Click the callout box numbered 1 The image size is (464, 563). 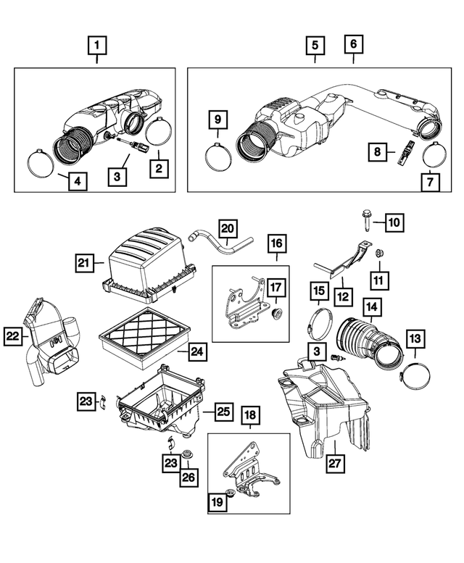(x=97, y=45)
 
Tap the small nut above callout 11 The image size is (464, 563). (x=378, y=254)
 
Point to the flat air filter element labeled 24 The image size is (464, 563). (x=144, y=337)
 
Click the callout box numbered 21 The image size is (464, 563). (x=83, y=263)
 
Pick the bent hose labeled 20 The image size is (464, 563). (x=220, y=241)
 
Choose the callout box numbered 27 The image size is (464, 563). (x=334, y=463)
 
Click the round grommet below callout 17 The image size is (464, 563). (x=277, y=313)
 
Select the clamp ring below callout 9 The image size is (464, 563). (x=218, y=156)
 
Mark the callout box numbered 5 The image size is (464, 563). (x=315, y=45)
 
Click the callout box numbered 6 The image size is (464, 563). (x=353, y=43)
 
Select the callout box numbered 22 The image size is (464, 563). (x=13, y=336)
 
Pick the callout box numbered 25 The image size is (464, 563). (x=224, y=411)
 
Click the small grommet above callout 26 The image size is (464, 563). (x=186, y=454)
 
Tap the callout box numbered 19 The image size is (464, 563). (x=217, y=502)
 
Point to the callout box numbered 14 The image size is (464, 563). (x=372, y=307)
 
